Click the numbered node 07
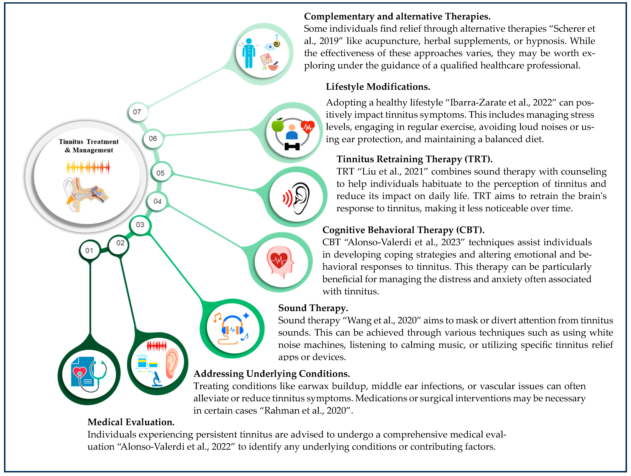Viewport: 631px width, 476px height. click(x=137, y=112)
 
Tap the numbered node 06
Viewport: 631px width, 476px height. click(x=153, y=139)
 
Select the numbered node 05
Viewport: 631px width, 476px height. click(x=161, y=173)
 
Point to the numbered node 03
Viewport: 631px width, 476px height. click(x=140, y=225)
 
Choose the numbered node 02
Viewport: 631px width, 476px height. click(x=120, y=243)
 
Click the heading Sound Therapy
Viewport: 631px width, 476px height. click(x=313, y=308)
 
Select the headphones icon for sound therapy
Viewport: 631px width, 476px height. click(x=233, y=328)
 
